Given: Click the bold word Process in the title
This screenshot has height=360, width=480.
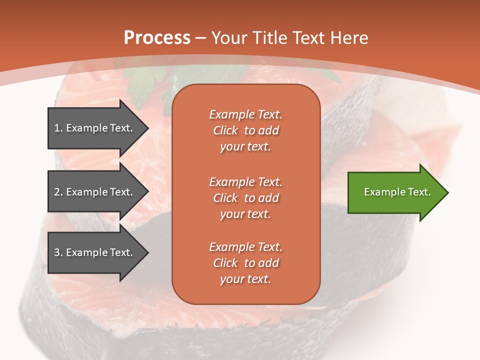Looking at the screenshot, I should [157, 37].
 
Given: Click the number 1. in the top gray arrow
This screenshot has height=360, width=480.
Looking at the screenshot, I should [58, 128].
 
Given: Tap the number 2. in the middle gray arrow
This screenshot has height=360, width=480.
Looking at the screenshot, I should [58, 192].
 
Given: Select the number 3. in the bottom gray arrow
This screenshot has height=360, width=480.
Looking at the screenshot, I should [58, 252].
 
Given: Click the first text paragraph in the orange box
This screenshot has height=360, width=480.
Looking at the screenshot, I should [245, 130].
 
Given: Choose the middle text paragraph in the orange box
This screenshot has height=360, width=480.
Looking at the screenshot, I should [245, 198].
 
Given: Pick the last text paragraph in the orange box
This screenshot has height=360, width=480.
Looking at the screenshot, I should [245, 263].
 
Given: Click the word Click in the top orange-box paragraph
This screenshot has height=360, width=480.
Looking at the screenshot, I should [225, 130].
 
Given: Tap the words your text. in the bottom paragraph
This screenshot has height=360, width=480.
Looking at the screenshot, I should [245, 279].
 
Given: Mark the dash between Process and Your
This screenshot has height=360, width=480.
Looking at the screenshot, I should [201, 38].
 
